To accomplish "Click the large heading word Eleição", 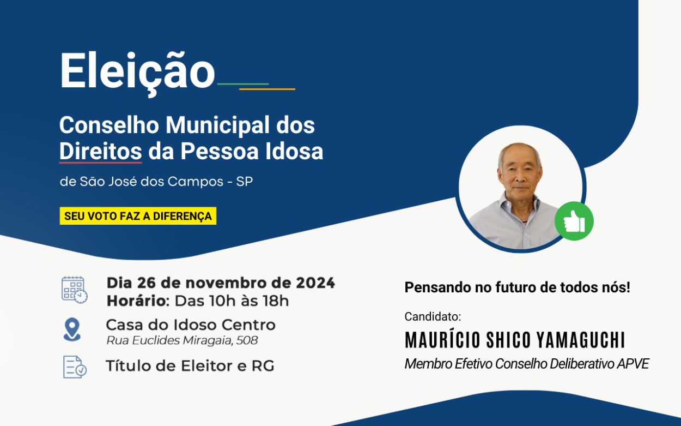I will (137, 71).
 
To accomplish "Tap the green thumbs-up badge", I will (574, 221).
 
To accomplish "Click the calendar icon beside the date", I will (74, 290).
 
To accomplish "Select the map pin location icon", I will (72, 329).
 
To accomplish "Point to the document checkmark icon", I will (75, 367).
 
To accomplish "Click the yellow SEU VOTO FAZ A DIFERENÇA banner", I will (138, 216).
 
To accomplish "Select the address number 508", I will (247, 341).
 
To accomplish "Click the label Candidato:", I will (433, 316).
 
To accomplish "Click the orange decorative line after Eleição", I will (267, 89).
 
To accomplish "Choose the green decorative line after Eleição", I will (243, 84).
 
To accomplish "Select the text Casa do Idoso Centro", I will (191, 325).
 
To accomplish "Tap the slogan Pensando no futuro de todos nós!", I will (517, 287).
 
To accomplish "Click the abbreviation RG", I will (263, 366).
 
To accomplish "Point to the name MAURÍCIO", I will (439, 340).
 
